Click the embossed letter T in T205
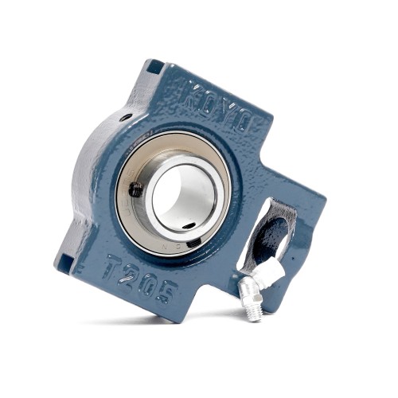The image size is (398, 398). (115, 266)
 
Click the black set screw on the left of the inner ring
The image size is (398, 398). (136, 190)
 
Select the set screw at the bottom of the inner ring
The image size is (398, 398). (193, 244)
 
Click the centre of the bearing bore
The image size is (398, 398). (184, 200)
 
